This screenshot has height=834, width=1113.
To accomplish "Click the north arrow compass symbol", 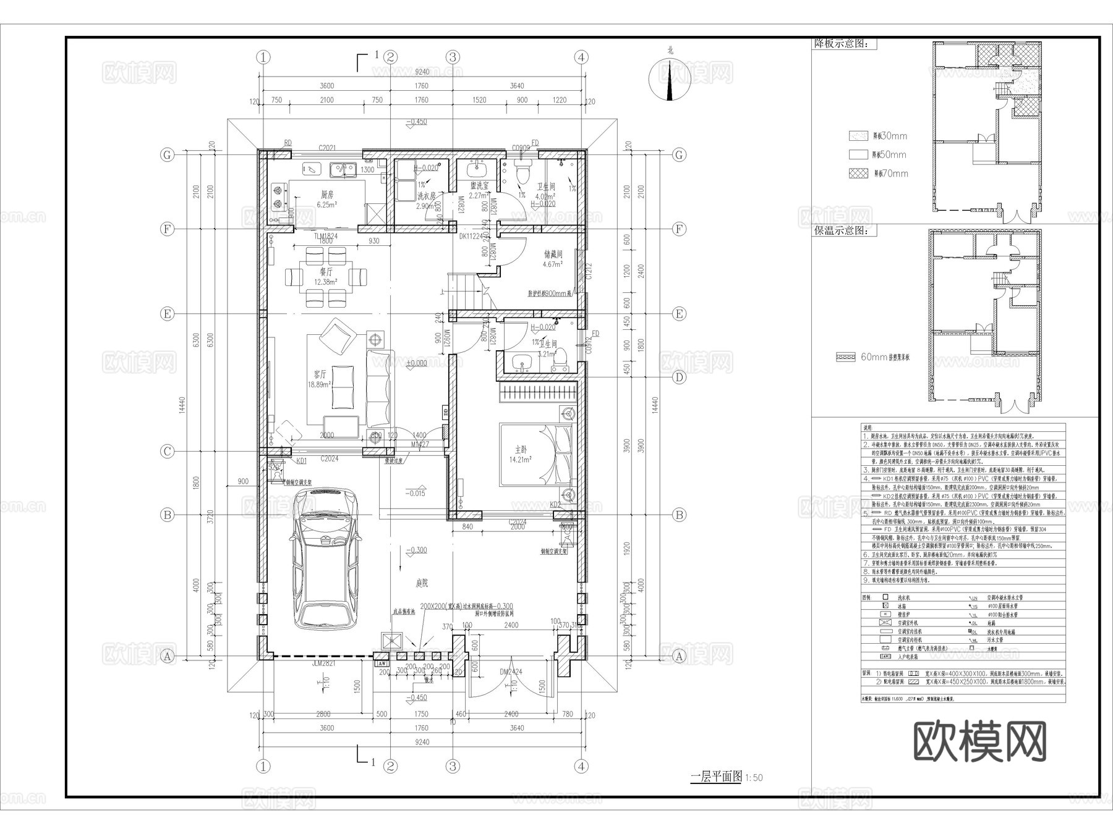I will tap(670, 80).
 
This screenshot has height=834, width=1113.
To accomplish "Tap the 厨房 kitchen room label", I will tap(327, 194).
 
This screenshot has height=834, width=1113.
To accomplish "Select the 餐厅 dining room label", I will tap(326, 271).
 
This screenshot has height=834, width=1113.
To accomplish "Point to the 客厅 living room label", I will tap(320, 374).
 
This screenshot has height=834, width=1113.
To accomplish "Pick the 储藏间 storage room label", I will tap(553, 254).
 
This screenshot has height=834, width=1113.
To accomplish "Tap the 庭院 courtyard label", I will tap(422, 583).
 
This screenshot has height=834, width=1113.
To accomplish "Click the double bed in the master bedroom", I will tap(535, 455).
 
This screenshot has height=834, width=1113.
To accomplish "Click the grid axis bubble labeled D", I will tap(679, 377).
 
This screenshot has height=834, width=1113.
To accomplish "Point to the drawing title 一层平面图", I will tap(715, 777).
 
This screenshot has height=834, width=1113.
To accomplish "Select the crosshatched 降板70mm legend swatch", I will tap(858, 174).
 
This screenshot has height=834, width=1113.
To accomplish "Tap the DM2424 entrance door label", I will tap(511, 672).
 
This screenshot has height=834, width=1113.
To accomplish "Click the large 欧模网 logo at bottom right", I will tap(979, 741).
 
